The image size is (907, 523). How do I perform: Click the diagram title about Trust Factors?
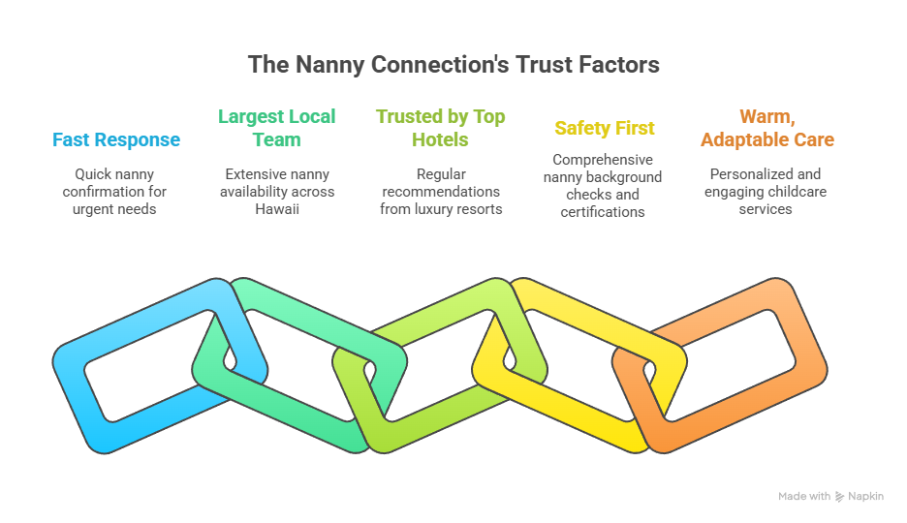click(x=453, y=65)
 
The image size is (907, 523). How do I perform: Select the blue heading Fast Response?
click(x=116, y=139)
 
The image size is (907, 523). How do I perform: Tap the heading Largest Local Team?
click(x=277, y=128)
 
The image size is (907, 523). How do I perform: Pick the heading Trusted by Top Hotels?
click(x=441, y=128)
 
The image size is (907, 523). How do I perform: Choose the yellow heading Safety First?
click(x=605, y=128)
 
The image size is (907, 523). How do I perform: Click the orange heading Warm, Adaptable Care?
click(x=766, y=128)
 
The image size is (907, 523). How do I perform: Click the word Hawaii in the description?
click(x=277, y=209)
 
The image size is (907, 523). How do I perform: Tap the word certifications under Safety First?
click(x=604, y=212)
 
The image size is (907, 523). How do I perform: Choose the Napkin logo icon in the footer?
click(x=839, y=496)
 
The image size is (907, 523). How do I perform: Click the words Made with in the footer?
click(x=804, y=496)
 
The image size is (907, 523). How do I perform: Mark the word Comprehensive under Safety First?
click(x=604, y=160)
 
